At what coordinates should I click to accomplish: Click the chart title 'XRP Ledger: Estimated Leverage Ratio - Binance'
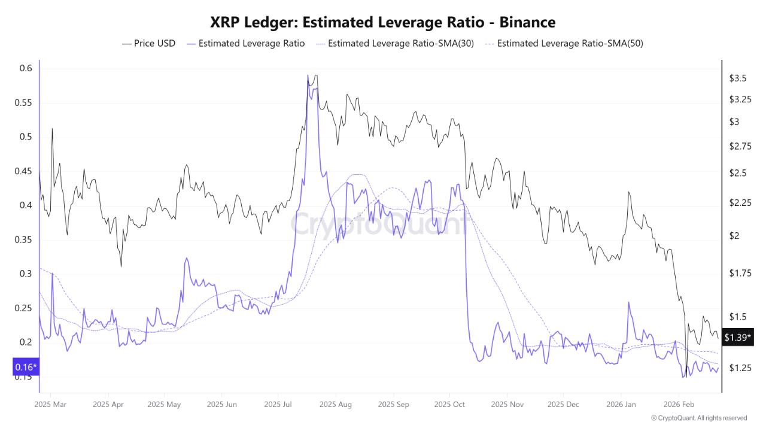(x=383, y=22)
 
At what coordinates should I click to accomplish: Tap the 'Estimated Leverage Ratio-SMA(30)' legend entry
(x=394, y=43)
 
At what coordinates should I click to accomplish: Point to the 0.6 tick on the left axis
(x=25, y=68)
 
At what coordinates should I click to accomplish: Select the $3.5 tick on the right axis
(x=737, y=78)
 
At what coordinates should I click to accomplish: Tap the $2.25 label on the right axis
(x=740, y=203)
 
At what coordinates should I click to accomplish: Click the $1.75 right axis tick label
(x=740, y=274)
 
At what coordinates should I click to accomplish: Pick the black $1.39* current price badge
(x=737, y=338)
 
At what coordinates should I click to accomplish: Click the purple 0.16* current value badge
(x=25, y=366)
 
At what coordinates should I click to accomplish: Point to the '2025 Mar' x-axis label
(x=51, y=404)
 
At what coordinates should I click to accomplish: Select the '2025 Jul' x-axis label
(x=278, y=404)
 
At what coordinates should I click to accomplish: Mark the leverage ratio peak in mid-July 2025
(x=308, y=76)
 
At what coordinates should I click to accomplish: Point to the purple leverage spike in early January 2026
(x=629, y=302)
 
